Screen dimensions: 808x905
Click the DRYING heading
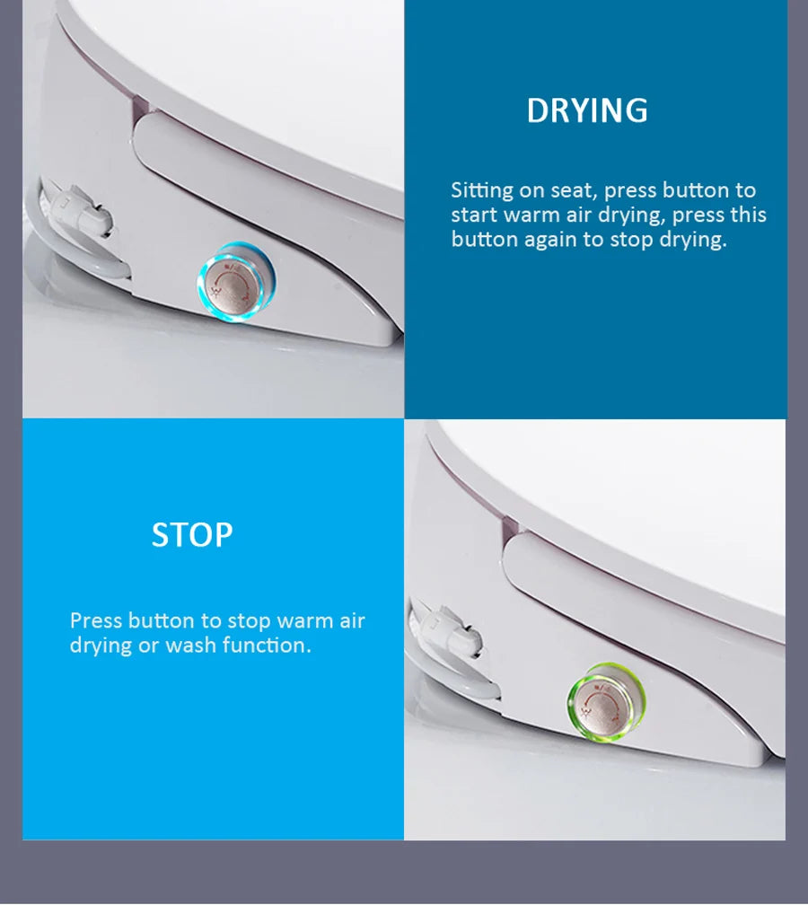click(x=587, y=110)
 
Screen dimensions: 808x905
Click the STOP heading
click(x=192, y=534)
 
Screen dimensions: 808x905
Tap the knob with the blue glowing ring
click(x=235, y=282)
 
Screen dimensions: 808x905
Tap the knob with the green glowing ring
click(x=606, y=702)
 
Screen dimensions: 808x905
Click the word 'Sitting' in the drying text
click(x=482, y=191)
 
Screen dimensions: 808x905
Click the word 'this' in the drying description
click(x=748, y=214)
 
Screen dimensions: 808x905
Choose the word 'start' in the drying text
click(x=474, y=215)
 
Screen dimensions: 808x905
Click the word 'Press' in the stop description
click(x=95, y=620)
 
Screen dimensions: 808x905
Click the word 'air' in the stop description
click(x=352, y=620)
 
